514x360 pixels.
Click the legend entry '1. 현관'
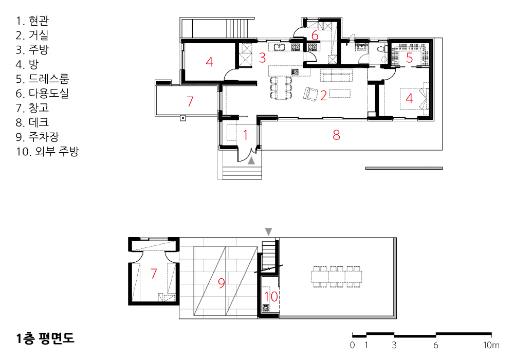[32, 21]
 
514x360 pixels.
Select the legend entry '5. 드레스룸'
[42, 79]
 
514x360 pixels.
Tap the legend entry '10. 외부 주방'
[47, 151]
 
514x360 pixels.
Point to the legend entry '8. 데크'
[32, 122]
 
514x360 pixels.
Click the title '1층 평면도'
[45, 338]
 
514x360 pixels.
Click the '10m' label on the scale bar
[491, 345]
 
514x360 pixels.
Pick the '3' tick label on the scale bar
[394, 345]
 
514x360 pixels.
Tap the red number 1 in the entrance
[246, 135]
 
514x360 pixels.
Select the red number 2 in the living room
[323, 96]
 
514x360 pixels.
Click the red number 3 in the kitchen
[262, 58]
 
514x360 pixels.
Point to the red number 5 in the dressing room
[410, 58]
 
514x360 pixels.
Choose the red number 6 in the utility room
[315, 35]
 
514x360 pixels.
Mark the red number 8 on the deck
[336, 135]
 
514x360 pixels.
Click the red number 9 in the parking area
[222, 283]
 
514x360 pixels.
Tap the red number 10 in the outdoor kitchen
[271, 296]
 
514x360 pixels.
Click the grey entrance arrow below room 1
[251, 160]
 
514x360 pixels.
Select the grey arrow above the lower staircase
[268, 232]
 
